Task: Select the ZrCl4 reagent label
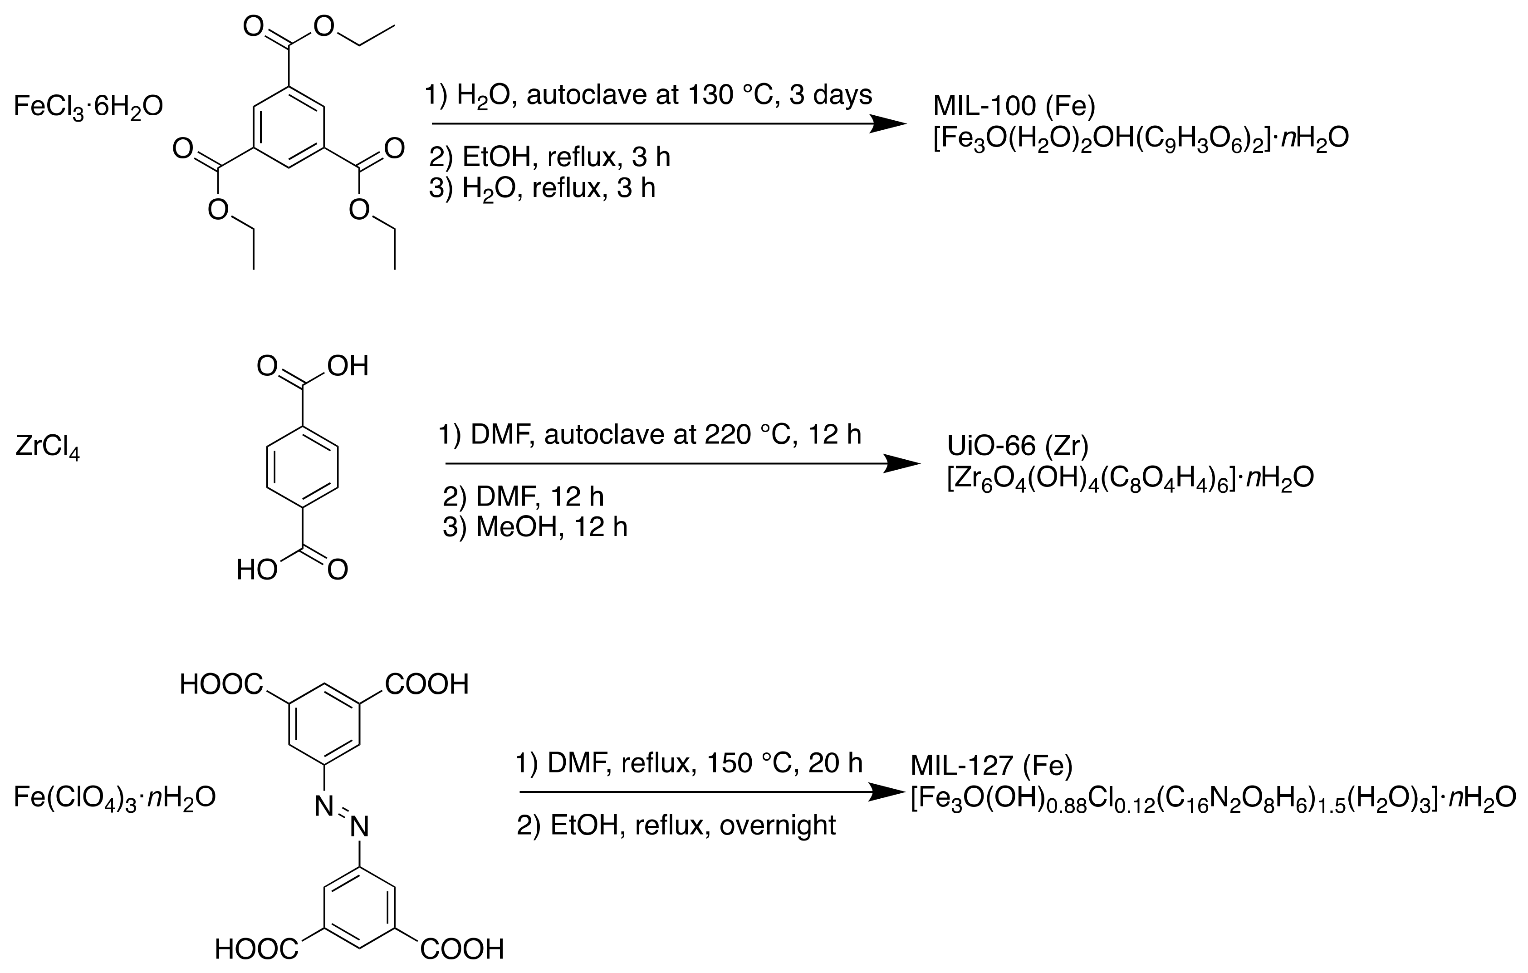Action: (x=48, y=447)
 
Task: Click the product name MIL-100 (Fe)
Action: (x=1014, y=106)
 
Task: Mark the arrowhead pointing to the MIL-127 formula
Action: (x=886, y=792)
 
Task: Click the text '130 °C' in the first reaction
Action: (x=725, y=95)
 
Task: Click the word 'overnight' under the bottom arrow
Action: (x=777, y=825)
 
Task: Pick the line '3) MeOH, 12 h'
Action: (x=534, y=527)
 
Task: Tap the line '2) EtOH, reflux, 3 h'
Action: (x=549, y=157)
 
